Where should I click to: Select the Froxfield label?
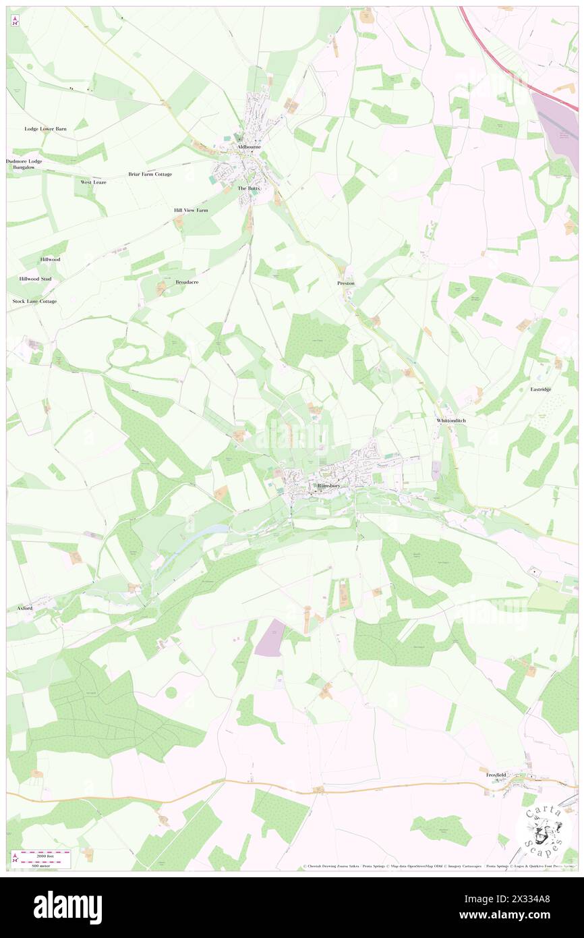(496, 775)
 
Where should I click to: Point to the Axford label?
(24, 608)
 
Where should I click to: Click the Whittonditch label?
(451, 420)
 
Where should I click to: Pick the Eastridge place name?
(541, 389)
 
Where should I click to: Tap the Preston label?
(345, 283)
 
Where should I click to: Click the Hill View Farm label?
(191, 211)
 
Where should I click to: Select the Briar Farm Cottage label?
(150, 174)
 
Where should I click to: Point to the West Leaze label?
(94, 182)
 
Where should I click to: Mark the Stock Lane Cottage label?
(34, 301)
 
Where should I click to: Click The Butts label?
(248, 188)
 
